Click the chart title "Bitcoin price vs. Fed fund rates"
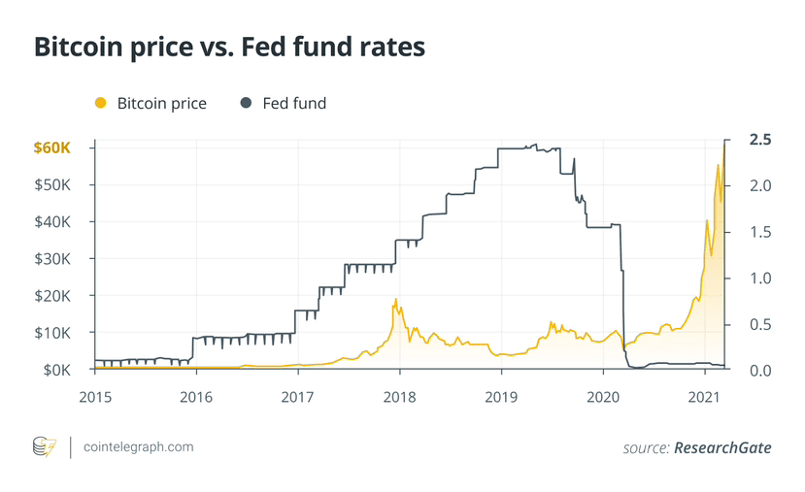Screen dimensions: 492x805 tap(229, 49)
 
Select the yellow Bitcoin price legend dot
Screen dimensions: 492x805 tap(99, 103)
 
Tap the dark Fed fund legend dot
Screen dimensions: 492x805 tap(245, 103)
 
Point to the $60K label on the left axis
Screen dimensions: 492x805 tap(51, 148)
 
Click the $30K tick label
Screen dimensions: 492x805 tap(53, 259)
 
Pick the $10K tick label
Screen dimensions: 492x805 tap(53, 333)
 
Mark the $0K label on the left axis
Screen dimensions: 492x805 tap(56, 370)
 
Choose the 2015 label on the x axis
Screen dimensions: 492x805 tap(94, 396)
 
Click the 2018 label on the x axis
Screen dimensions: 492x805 tap(399, 396)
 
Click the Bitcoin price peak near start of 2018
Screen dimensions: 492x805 tap(395, 299)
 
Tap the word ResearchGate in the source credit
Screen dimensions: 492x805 tap(724, 447)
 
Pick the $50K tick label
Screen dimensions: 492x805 tap(53, 184)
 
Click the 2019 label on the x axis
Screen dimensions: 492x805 tap(501, 396)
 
